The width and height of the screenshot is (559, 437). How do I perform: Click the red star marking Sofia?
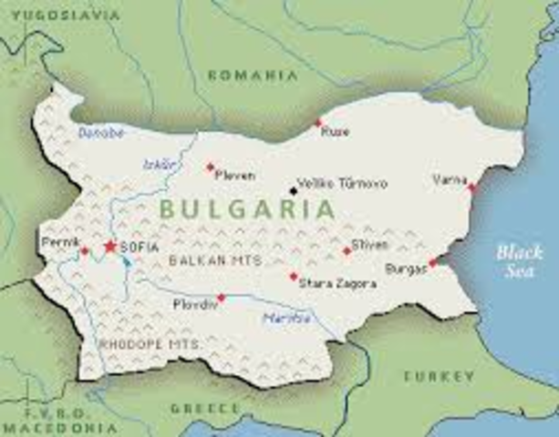110,246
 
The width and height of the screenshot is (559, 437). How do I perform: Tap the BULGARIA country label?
247,208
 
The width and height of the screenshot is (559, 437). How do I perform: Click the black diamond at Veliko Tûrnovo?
293,190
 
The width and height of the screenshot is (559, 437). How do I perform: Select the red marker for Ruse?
318,123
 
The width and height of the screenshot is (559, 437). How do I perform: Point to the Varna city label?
450,179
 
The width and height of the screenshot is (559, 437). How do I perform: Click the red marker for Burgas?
432,262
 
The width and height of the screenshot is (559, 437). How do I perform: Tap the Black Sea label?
520,260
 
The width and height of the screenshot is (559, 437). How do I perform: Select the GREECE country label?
205,408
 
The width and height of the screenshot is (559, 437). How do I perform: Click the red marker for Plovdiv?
221,298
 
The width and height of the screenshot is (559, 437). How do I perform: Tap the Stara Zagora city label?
337,284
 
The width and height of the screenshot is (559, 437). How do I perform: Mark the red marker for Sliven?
347,251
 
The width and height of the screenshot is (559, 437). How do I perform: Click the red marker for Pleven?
210,168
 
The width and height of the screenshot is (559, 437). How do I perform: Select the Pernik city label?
59,242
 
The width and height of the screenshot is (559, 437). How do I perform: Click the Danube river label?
100,133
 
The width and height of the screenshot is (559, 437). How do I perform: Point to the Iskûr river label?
156,165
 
